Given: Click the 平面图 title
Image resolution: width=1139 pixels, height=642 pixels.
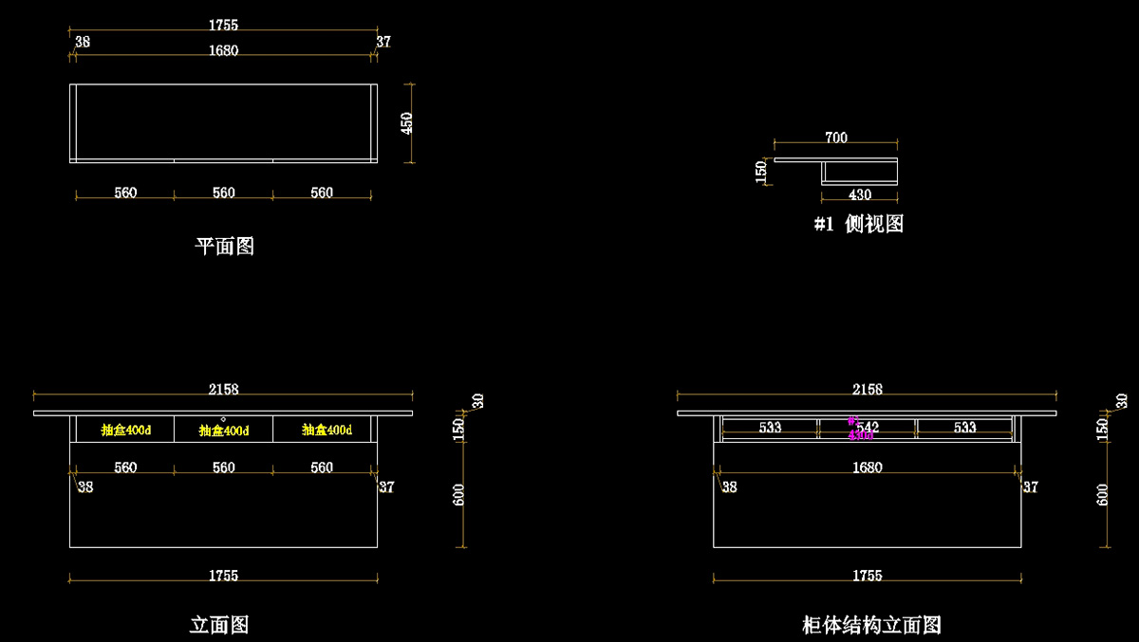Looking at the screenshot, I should (x=225, y=247).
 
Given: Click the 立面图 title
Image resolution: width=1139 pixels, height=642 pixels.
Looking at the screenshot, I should (x=219, y=625).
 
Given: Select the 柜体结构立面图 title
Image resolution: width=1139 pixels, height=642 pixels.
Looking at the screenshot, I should (x=871, y=625).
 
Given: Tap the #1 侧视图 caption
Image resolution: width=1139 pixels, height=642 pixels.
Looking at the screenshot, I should (x=859, y=224).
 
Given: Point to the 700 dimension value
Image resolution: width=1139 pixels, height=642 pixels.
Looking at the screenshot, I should (x=836, y=138).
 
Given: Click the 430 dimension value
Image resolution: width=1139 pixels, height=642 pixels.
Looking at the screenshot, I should (x=859, y=195).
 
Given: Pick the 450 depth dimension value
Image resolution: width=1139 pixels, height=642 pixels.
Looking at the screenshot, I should (x=407, y=123).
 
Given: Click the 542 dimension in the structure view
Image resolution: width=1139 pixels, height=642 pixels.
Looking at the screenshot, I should (x=868, y=428).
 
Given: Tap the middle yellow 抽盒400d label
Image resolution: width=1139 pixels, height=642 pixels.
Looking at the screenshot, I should (x=224, y=431).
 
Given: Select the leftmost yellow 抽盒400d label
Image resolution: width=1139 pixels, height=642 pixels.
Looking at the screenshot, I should (x=125, y=431).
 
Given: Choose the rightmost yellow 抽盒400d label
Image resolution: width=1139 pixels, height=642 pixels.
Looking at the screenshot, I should (x=327, y=431).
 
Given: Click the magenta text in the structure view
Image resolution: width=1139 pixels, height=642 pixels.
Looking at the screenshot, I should (x=861, y=435).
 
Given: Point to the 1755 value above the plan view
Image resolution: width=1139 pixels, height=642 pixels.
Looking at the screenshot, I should (x=223, y=26).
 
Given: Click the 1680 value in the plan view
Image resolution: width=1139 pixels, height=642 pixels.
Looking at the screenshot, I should (x=223, y=51).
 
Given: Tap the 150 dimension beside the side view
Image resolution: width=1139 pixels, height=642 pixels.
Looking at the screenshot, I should (x=761, y=173).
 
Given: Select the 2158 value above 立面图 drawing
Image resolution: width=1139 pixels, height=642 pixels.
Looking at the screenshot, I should (x=223, y=390).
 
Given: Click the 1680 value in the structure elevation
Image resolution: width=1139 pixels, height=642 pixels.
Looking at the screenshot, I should (x=868, y=468).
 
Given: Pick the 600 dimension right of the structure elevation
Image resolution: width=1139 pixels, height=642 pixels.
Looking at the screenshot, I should (x=1103, y=494).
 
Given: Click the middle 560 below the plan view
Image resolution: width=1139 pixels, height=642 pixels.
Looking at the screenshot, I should (x=223, y=193).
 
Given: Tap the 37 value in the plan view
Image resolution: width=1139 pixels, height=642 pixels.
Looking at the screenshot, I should (x=383, y=42).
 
